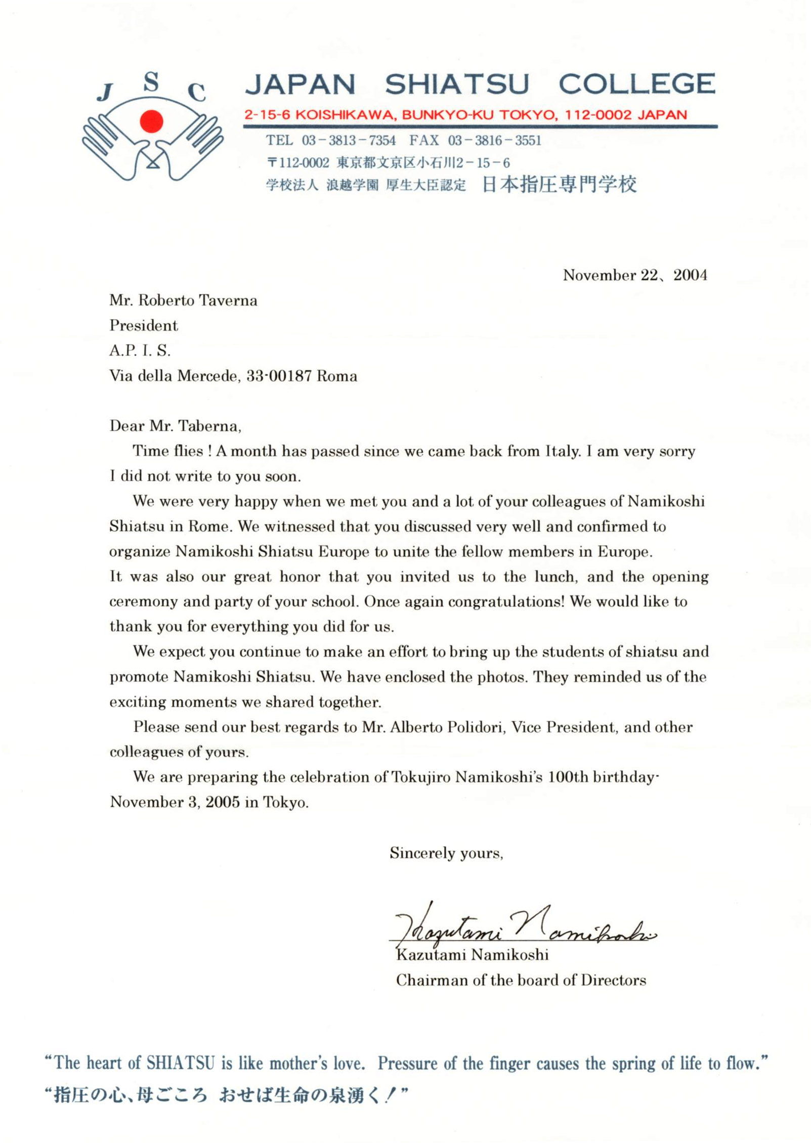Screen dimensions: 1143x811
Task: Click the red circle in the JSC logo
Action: click(x=151, y=122)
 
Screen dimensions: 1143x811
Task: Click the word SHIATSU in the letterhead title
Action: click(x=457, y=84)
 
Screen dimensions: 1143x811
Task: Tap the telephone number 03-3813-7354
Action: click(x=349, y=140)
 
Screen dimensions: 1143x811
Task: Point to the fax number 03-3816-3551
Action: click(x=494, y=140)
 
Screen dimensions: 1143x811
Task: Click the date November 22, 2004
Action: click(x=635, y=275)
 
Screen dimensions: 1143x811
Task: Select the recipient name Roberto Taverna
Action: click(x=198, y=300)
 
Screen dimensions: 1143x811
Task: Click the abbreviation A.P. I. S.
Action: click(x=140, y=350)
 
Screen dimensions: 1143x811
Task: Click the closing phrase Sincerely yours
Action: click(x=446, y=853)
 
